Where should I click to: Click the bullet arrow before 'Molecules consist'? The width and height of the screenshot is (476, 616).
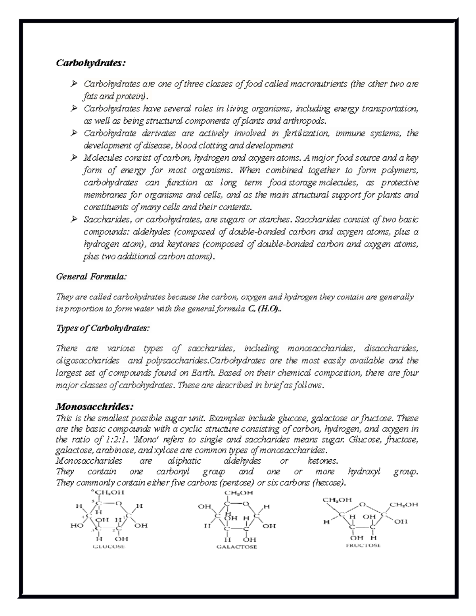(73, 158)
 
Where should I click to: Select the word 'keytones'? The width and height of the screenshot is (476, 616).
(181, 244)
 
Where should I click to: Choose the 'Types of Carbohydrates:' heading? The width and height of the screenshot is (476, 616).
(103, 328)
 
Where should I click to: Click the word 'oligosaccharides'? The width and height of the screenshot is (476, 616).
(88, 361)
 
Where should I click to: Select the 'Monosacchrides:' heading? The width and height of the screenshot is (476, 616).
(95, 407)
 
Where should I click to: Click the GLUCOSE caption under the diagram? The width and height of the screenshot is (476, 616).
(109, 547)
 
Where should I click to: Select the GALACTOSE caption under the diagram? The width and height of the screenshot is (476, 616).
(237, 547)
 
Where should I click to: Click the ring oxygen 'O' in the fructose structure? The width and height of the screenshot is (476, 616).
(361, 505)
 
